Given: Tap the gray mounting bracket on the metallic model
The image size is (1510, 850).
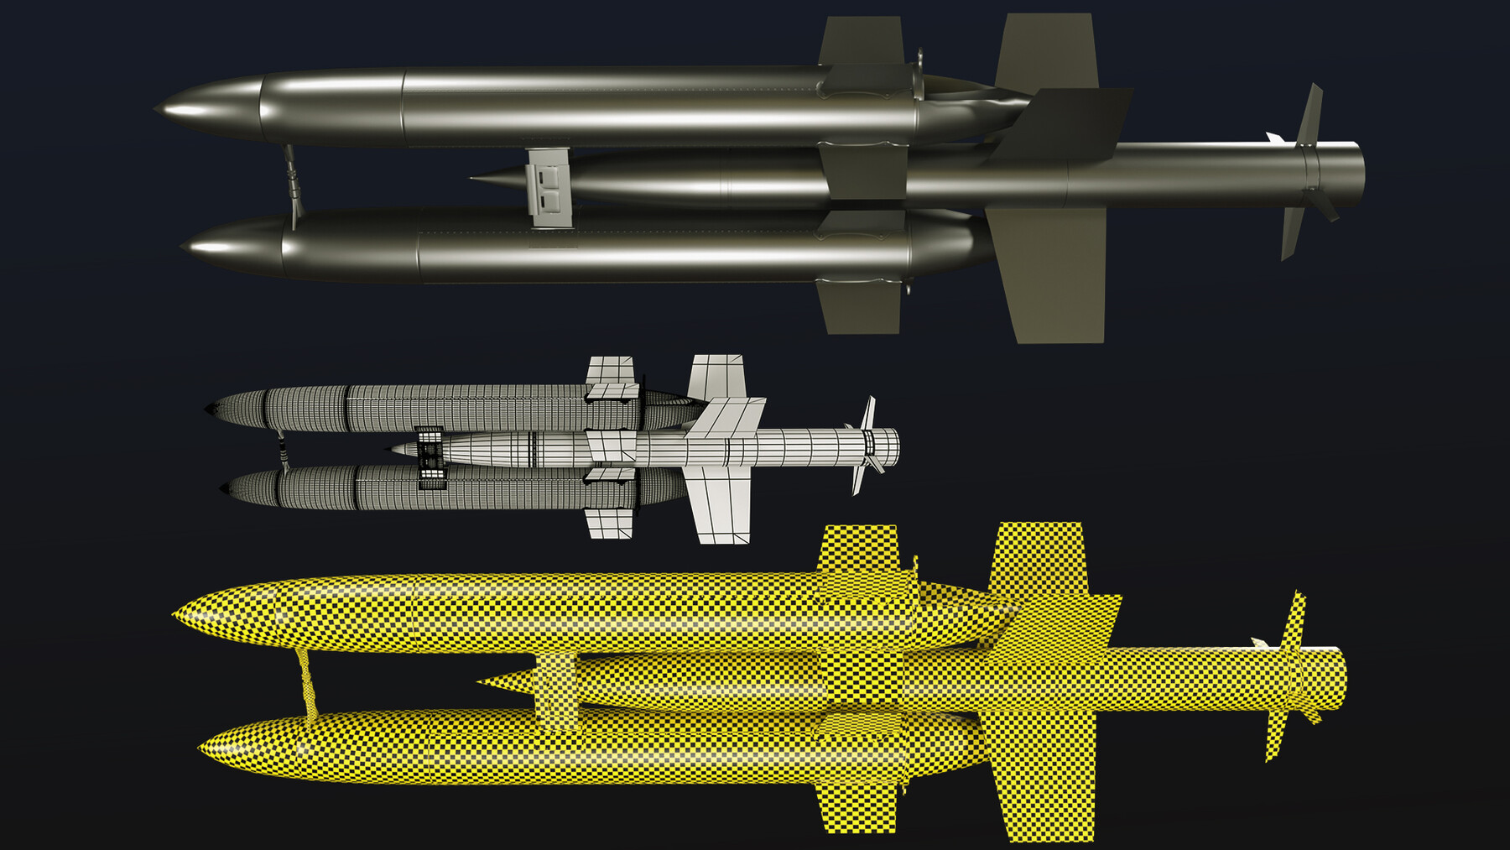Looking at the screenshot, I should (x=549, y=188).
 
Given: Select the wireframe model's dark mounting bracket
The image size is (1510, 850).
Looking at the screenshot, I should (x=430, y=457).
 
